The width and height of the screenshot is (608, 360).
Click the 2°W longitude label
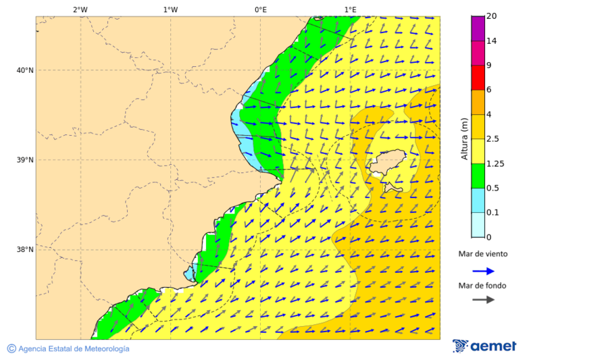click(x=80, y=9)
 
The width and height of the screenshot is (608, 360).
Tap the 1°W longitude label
click(x=170, y=9)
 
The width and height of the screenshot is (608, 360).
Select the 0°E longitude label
click(x=260, y=9)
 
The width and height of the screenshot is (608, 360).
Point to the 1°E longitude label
click(x=350, y=9)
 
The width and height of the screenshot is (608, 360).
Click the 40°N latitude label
click(x=25, y=70)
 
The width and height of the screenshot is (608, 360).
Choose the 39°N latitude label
click(x=25, y=160)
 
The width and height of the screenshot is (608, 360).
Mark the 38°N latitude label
click(x=25, y=249)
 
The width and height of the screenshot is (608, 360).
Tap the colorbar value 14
click(x=491, y=41)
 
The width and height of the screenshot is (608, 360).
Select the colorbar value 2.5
click(x=493, y=139)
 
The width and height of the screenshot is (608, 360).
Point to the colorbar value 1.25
click(x=495, y=163)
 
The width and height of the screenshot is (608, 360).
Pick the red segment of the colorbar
click(x=478, y=78)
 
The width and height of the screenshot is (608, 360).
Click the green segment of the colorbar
click(x=478, y=176)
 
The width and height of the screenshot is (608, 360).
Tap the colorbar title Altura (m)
click(x=464, y=139)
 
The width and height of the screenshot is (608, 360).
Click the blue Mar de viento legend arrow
click(x=483, y=271)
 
